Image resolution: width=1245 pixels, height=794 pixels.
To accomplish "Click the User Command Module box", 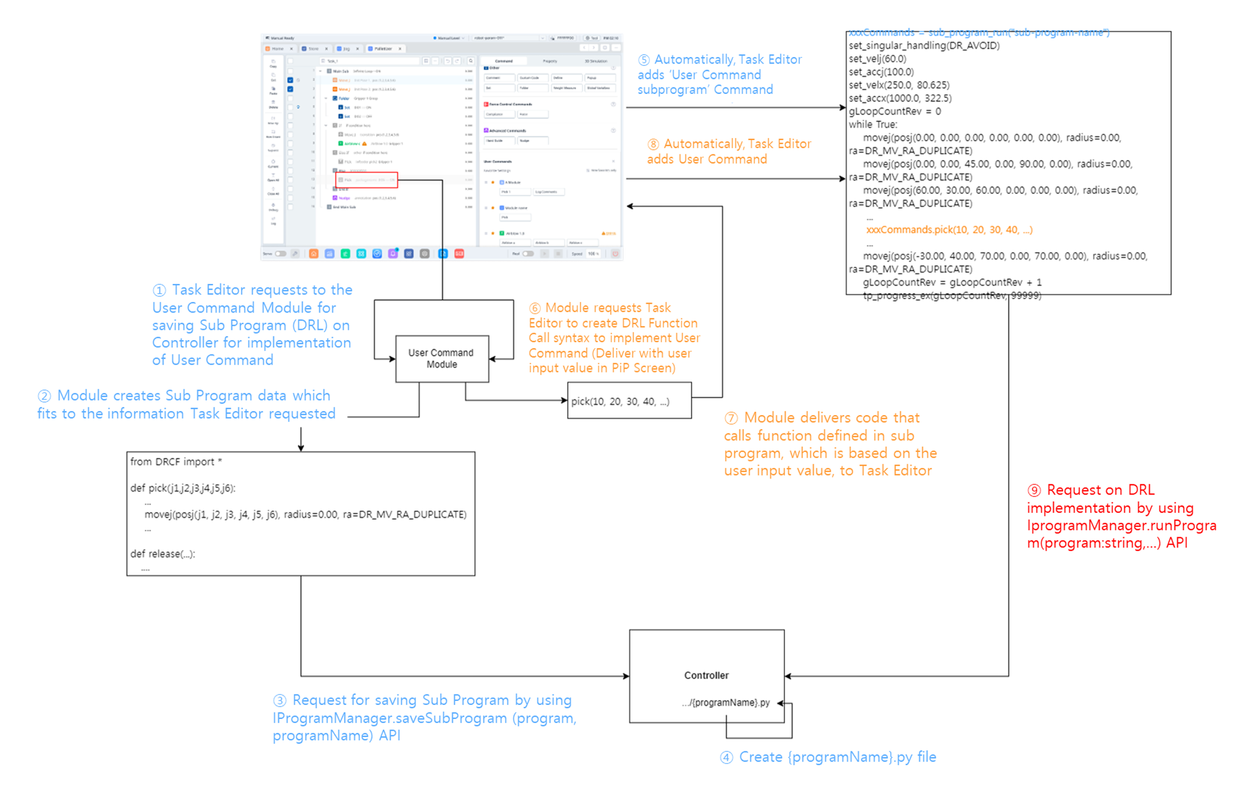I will click(442, 359).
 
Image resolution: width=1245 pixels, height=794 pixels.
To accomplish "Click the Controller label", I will click(706, 675).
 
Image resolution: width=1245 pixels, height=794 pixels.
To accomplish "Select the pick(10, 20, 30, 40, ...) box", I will click(629, 401).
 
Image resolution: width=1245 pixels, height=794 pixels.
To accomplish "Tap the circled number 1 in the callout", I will click(159, 290).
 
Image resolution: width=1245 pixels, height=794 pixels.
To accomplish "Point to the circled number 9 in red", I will click(1034, 490).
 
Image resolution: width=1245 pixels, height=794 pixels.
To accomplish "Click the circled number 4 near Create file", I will click(727, 757).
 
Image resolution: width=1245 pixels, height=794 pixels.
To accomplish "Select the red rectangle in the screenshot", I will click(366, 180).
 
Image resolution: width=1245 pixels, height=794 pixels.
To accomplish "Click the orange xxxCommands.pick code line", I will click(949, 230).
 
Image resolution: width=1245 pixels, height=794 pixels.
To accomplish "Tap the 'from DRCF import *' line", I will click(176, 462).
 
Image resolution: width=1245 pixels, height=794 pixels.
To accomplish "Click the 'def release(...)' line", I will click(163, 554).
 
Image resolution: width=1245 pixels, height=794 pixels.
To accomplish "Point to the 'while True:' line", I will click(873, 124).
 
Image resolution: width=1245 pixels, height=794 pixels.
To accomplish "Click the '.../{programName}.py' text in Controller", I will click(725, 703).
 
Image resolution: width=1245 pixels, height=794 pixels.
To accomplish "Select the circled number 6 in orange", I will click(535, 308).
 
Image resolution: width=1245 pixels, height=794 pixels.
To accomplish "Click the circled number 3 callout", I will click(280, 701).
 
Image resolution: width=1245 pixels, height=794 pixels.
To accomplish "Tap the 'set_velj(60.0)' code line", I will click(877, 59).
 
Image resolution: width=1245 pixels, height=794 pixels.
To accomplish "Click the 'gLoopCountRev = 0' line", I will click(895, 111).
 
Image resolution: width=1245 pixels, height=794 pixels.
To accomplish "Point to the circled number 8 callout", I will click(653, 144).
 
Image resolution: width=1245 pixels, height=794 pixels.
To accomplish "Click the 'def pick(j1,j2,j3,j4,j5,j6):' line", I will click(183, 488).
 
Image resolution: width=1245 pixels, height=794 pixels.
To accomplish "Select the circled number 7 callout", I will click(731, 418).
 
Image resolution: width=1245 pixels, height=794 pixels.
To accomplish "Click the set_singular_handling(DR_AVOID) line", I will click(924, 46).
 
